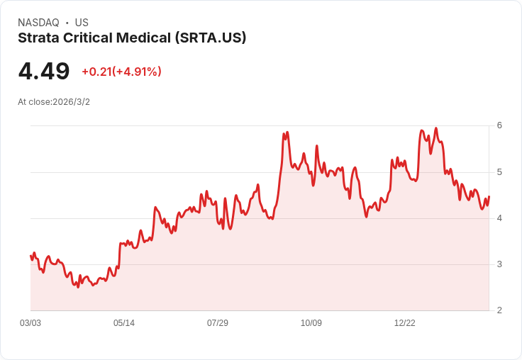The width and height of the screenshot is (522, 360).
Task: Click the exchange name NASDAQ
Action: tap(38, 23)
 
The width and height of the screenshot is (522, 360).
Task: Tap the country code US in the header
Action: tap(82, 23)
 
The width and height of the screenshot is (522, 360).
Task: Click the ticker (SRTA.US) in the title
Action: tap(211, 38)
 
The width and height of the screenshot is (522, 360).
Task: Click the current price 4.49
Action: tap(44, 72)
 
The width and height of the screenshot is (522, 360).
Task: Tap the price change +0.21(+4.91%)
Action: tap(121, 72)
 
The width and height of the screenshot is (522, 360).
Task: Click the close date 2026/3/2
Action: tap(71, 102)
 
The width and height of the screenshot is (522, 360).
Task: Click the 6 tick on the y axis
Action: tap(499, 125)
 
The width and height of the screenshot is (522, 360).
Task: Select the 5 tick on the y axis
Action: tap(499, 172)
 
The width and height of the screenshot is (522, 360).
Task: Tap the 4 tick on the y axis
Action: tap(499, 218)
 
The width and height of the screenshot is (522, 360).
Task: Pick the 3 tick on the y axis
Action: tap(499, 264)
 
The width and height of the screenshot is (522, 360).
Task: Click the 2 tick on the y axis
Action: tap(499, 310)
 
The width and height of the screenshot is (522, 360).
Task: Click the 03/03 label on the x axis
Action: tap(30, 323)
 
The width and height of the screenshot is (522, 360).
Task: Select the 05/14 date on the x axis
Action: tap(124, 323)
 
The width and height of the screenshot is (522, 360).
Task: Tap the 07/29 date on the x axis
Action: tap(218, 323)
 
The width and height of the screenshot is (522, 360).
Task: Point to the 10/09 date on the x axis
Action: tap(311, 323)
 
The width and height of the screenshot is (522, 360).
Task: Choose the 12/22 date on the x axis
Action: tap(405, 323)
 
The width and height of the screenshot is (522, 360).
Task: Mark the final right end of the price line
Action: tap(489, 197)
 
